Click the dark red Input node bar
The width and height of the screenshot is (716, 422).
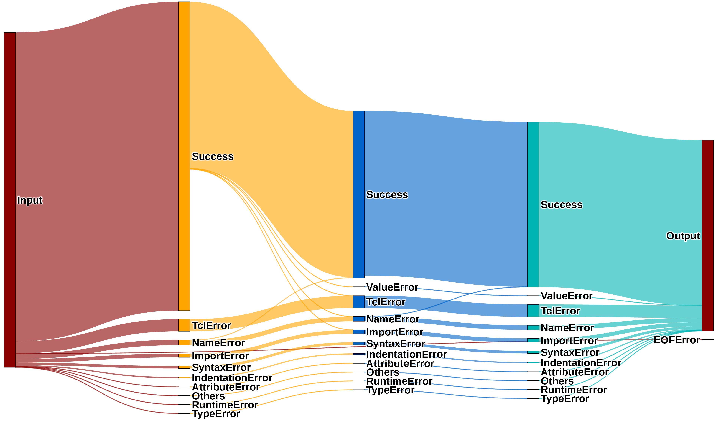[10, 200]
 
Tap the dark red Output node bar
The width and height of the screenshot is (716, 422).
[707, 235]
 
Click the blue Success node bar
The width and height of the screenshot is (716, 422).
[359, 194]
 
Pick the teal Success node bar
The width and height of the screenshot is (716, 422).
[533, 205]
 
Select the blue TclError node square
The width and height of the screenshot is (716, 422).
[359, 302]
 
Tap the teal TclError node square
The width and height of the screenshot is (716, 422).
[533, 311]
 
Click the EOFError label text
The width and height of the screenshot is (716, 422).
[677, 340]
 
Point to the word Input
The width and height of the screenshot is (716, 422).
[30, 200]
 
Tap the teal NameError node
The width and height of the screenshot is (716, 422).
[533, 328]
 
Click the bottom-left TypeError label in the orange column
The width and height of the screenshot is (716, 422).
[216, 414]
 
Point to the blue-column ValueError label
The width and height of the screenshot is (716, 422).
[392, 287]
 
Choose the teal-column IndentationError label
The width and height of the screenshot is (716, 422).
[581, 363]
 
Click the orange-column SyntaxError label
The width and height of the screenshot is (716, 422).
[221, 367]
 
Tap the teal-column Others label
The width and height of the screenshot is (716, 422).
[557, 381]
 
